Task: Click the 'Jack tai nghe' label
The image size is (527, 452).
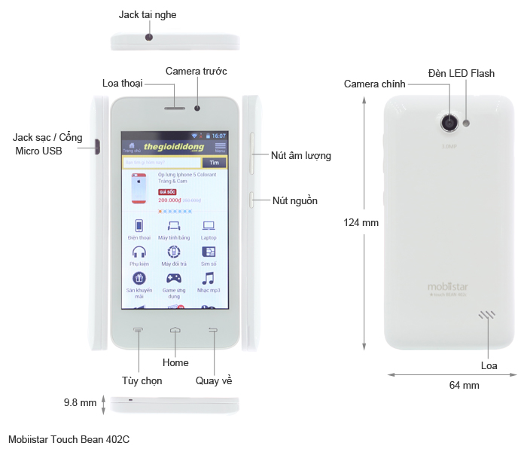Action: (148, 14)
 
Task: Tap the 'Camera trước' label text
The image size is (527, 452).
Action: (196, 71)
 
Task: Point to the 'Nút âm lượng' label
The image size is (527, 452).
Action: (301, 156)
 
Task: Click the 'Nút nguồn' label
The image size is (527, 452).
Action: (295, 200)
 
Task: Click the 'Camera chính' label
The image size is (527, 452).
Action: (375, 84)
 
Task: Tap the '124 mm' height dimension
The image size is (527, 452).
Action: (361, 222)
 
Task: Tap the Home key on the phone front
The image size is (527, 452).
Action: (175, 330)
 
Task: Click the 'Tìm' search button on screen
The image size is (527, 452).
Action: (215, 162)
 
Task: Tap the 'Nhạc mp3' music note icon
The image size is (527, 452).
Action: (209, 279)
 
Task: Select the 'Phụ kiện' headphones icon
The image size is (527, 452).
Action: (139, 252)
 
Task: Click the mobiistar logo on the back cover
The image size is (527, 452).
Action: (448, 286)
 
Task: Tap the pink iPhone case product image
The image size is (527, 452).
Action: (139, 188)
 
